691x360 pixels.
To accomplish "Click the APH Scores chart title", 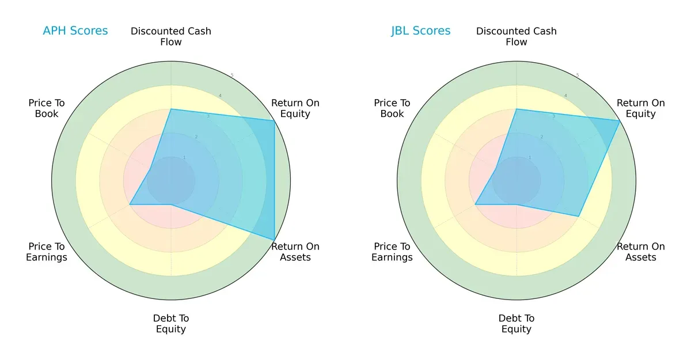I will click(x=75, y=31).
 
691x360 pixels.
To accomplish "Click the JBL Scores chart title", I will click(x=420, y=31).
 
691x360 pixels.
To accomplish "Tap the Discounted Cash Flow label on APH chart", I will click(x=171, y=36).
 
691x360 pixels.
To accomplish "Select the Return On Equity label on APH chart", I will click(x=295, y=108).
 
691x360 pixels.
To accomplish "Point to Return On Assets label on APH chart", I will click(x=295, y=252).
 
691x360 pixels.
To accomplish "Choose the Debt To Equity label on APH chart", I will click(x=171, y=324).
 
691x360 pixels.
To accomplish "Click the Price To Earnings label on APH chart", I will click(x=47, y=252).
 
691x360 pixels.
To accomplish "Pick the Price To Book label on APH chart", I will click(x=47, y=108).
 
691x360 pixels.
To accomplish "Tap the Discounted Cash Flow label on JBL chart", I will click(x=517, y=36).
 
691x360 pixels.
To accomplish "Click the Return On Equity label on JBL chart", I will click(x=641, y=108).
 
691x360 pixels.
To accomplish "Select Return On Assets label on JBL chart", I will click(x=641, y=252).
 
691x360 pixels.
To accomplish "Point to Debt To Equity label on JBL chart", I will click(x=517, y=324).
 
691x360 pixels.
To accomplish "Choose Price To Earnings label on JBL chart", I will click(x=392, y=252).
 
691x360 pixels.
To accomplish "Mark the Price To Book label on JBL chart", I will click(x=392, y=108).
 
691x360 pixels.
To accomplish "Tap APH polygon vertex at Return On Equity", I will click(x=274, y=120).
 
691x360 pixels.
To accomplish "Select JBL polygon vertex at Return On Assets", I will click(x=579, y=216).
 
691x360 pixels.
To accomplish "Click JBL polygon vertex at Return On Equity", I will click(x=620, y=120).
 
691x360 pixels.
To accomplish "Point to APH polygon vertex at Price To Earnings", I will click(x=130, y=204).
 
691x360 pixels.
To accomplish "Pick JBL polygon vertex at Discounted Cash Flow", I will click(x=517, y=109).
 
